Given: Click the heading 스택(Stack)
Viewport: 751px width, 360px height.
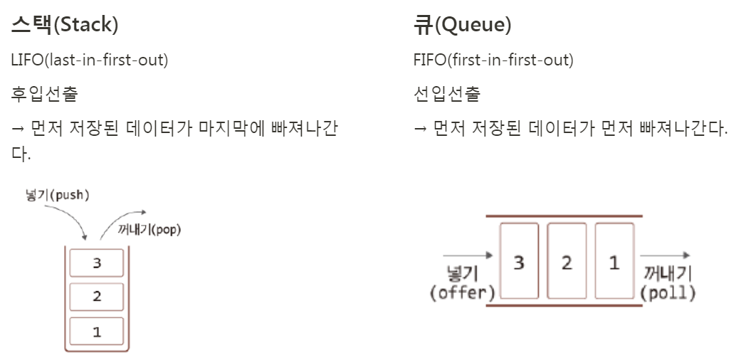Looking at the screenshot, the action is click(65, 26).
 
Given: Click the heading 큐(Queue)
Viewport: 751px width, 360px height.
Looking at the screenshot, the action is click(462, 26).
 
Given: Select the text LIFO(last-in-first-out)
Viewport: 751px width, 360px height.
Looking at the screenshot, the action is click(90, 60).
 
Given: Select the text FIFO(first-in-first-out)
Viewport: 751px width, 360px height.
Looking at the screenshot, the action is click(493, 60).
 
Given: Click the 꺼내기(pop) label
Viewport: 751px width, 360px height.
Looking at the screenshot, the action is click(148, 231).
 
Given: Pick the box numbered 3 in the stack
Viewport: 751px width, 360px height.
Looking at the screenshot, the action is click(97, 263).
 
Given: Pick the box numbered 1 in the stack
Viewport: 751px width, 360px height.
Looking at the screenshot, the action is click(97, 331).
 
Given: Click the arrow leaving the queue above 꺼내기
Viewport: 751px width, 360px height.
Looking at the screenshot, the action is click(665, 254).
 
